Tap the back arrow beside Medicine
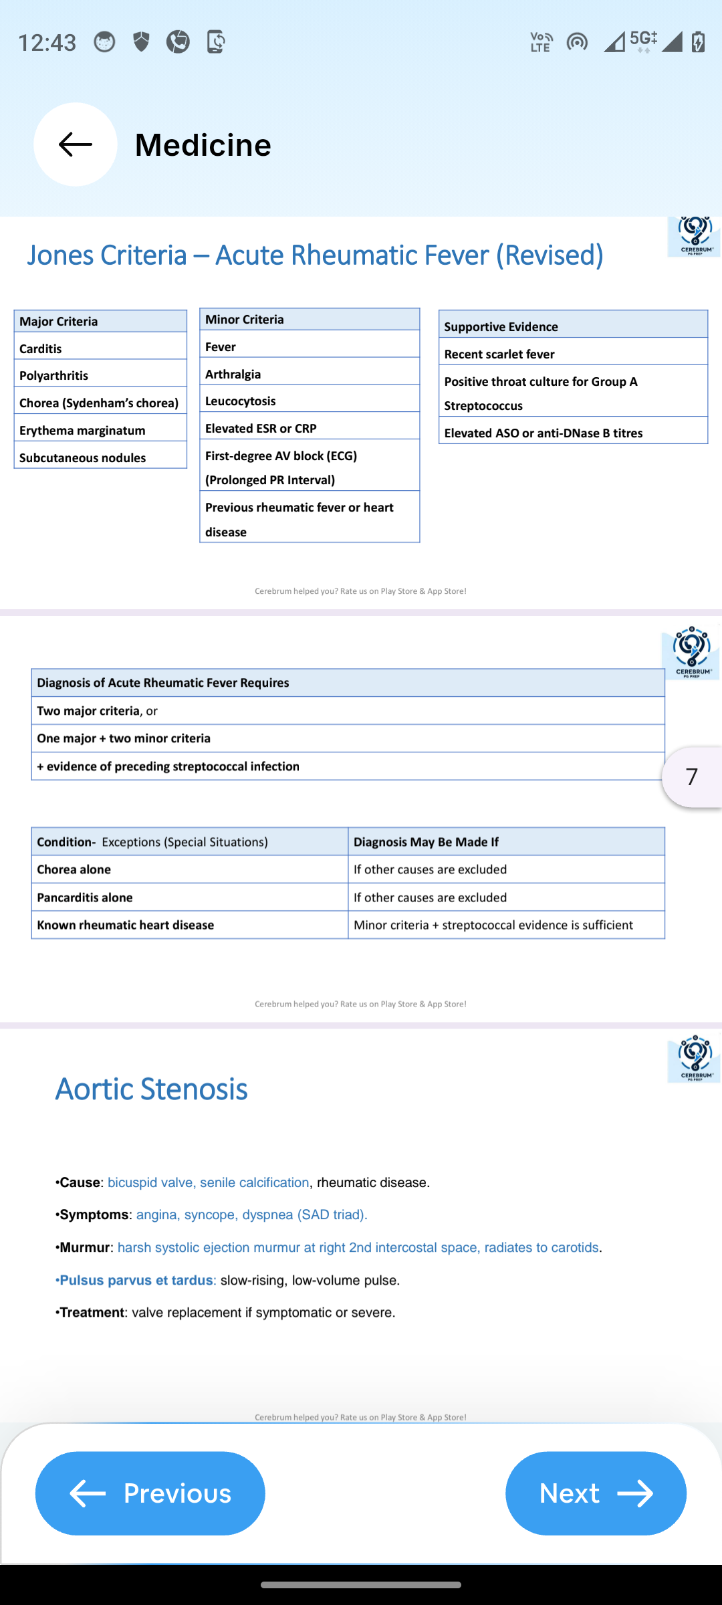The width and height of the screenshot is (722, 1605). tap(76, 144)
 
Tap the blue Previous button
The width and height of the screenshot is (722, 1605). tap(150, 1493)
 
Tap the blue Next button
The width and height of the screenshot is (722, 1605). tap(596, 1493)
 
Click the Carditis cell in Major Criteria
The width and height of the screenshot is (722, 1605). tap(100, 348)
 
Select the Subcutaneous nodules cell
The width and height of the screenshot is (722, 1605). tap(100, 457)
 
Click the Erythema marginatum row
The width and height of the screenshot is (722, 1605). tap(100, 430)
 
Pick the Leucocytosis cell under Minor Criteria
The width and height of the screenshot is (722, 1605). tap(309, 401)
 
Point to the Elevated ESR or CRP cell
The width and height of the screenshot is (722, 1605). tap(309, 428)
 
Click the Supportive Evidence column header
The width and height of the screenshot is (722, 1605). tap(573, 326)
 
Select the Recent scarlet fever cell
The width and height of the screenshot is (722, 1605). tap(573, 354)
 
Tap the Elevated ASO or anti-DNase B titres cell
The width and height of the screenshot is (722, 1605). tap(573, 433)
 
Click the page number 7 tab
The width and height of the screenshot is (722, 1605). tap(692, 776)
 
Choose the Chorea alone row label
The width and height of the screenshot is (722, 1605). tap(189, 869)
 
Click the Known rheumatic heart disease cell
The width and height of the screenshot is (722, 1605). tap(189, 925)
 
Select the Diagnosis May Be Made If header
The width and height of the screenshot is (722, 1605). tap(506, 841)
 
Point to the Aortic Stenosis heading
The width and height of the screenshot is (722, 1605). tap(152, 1089)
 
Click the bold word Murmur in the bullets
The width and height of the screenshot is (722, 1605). tap(85, 1247)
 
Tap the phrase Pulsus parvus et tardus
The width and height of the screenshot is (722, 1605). tap(136, 1280)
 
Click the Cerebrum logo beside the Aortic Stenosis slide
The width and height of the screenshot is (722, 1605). tap(695, 1058)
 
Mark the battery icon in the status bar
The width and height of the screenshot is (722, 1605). tap(698, 41)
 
